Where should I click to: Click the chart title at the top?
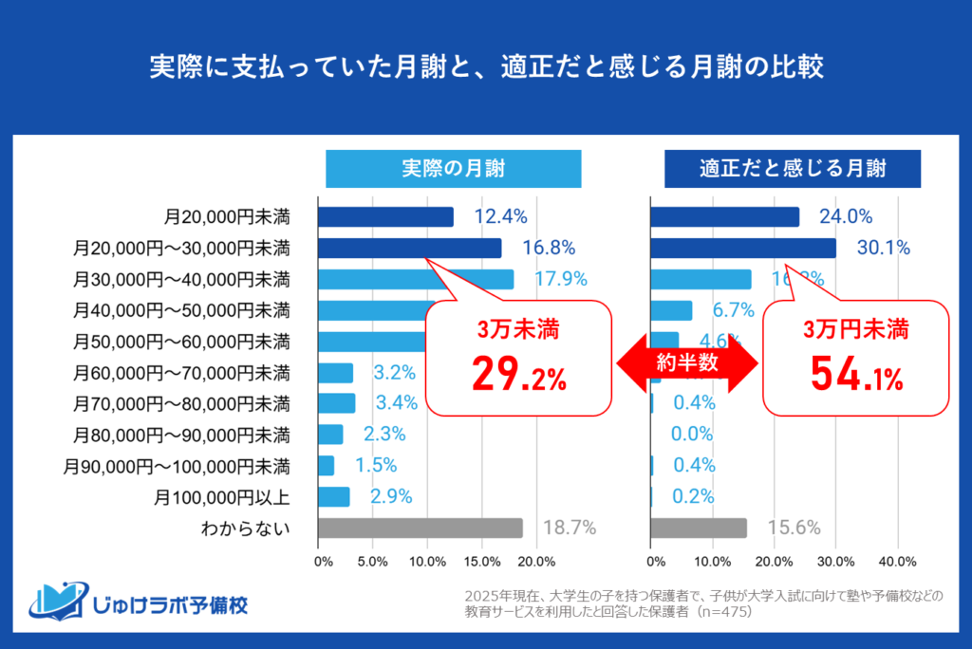pos(486,68)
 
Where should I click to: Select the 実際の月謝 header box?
pos(453,169)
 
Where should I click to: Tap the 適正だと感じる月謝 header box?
pos(793,169)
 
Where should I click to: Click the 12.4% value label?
pos(500,217)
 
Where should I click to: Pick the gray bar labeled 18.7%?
pos(420,528)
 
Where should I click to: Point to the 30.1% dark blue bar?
pos(743,248)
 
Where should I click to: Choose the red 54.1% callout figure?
pos(856,376)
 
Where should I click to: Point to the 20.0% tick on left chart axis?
pos(538,561)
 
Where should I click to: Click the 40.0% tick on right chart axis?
pos(898,561)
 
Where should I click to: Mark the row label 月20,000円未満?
pos(227,217)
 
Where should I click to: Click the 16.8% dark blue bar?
pos(409,248)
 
